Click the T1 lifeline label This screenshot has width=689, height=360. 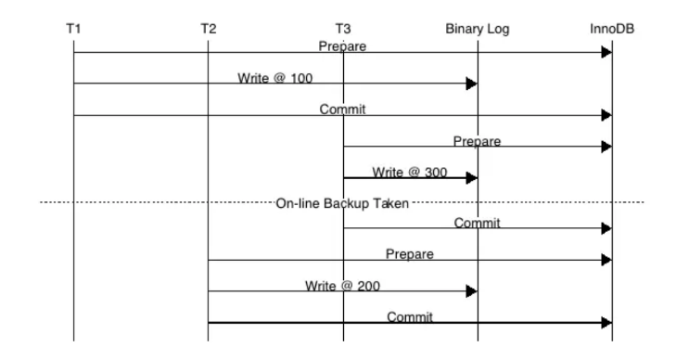(73, 29)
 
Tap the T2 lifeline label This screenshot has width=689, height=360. (208, 29)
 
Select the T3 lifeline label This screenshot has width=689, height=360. (343, 29)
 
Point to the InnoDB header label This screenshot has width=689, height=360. (612, 29)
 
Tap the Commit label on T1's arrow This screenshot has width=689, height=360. (342, 109)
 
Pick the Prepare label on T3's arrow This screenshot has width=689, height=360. (477, 141)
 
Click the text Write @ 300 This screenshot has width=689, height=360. (410, 173)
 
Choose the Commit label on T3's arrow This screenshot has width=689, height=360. (477, 223)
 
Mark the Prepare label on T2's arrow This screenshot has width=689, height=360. (409, 254)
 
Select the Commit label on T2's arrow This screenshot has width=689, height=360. (409, 317)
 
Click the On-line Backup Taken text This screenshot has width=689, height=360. (342, 202)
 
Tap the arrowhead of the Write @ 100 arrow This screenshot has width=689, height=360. (471, 84)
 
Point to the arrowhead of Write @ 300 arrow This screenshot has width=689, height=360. (471, 178)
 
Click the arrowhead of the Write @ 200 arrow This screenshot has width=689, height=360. (471, 291)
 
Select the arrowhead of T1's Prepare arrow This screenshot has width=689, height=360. (606, 52)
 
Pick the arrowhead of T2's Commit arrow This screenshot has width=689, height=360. (606, 323)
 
